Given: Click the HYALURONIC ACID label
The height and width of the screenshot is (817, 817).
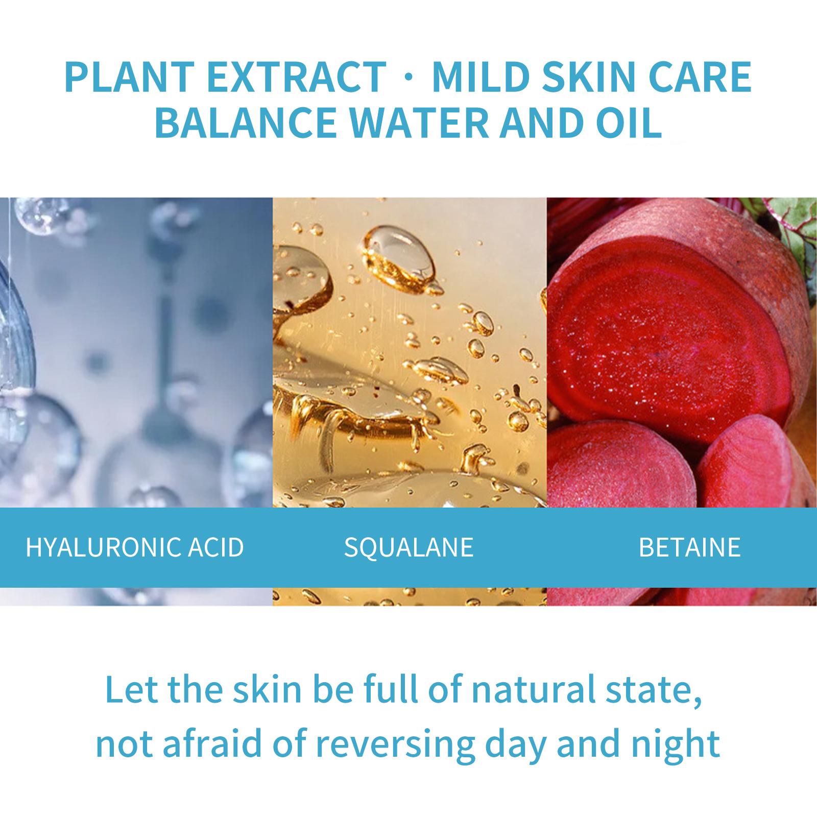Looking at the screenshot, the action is [135, 547].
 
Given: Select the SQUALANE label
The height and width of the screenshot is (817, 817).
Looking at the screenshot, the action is [408, 547].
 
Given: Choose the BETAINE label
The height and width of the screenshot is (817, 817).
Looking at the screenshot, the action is [689, 547].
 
